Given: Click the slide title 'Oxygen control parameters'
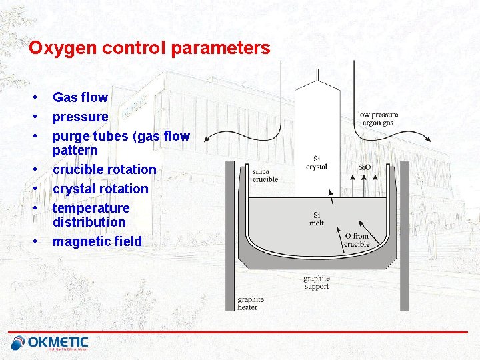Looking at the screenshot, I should (149, 49).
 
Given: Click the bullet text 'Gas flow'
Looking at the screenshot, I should (80, 97).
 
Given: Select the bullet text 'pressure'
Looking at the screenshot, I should (80, 117).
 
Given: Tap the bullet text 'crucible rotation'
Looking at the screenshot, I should (104, 169).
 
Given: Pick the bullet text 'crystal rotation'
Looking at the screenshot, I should (100, 189).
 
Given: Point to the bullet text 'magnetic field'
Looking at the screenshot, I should (97, 241).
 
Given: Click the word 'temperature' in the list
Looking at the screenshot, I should (91, 208).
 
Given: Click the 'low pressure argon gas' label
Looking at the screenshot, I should (378, 119).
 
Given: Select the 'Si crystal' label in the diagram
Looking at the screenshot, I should (316, 163).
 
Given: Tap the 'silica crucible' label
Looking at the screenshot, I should (265, 175).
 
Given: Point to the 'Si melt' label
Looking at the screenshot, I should (317, 219).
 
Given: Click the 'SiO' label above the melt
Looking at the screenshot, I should (365, 167).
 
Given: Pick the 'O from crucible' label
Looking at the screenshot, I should (357, 240).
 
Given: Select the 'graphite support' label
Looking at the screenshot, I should (316, 282).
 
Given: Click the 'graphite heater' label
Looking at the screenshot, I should (251, 303).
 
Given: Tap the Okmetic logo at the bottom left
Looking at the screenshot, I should (50, 343).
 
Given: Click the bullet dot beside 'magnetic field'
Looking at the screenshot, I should (33, 241).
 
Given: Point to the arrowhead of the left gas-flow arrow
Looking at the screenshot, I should (207, 138).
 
